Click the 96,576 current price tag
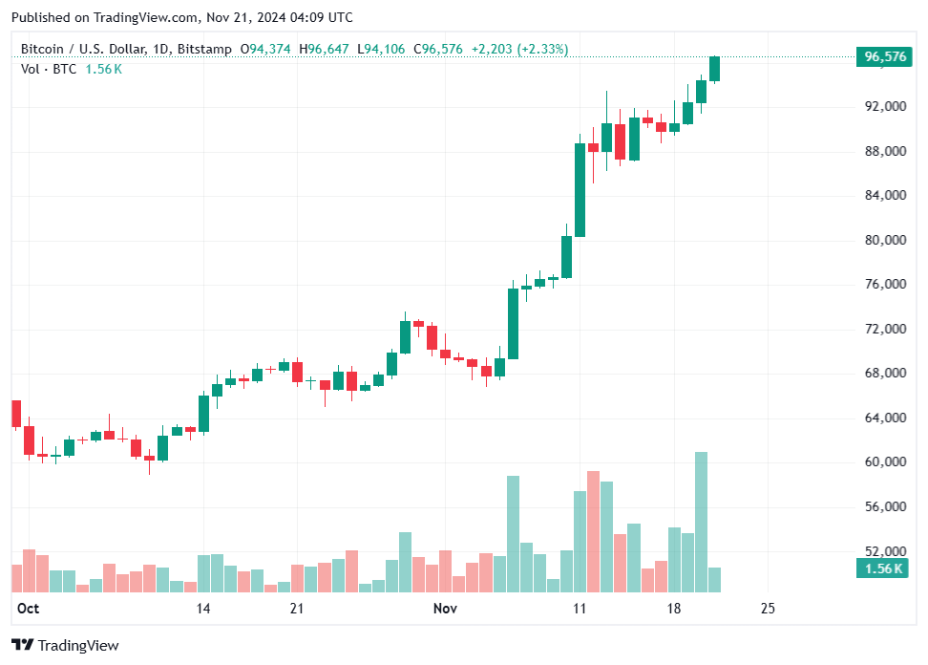[x=885, y=56]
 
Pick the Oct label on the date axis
[x=28, y=609]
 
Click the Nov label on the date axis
[x=444, y=609]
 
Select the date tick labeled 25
[x=768, y=609]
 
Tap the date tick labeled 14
[x=202, y=609]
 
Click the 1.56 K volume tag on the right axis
[x=883, y=568]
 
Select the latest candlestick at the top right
[x=714, y=69]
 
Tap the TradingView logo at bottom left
[x=66, y=646]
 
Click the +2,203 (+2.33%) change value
[x=521, y=49]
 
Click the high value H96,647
[x=326, y=49]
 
